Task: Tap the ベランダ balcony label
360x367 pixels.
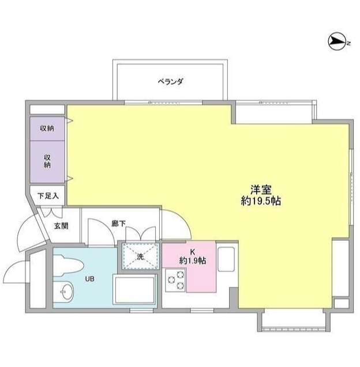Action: click(x=170, y=81)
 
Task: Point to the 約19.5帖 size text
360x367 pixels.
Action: click(x=261, y=201)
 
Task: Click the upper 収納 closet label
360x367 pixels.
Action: click(x=47, y=128)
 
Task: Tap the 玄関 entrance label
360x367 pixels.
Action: click(x=61, y=225)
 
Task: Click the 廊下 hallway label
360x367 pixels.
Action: click(x=119, y=222)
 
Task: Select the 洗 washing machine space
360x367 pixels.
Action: click(x=140, y=256)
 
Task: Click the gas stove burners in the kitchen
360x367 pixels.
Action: click(x=175, y=282)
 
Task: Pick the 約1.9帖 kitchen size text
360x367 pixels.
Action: click(x=193, y=260)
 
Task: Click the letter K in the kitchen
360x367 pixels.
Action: click(x=193, y=251)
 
